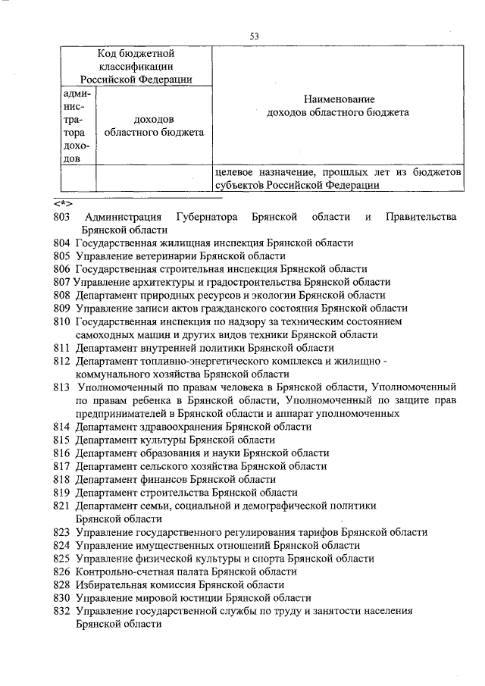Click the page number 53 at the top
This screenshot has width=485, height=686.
click(255, 36)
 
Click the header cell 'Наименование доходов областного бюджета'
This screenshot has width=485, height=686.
click(339, 106)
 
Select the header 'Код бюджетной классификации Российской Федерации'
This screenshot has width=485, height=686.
click(136, 67)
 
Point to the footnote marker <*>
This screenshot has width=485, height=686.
click(63, 203)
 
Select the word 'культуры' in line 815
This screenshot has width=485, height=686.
click(164, 440)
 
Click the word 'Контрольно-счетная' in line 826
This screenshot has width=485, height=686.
click(122, 572)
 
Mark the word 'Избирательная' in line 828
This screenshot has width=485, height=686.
click(111, 584)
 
